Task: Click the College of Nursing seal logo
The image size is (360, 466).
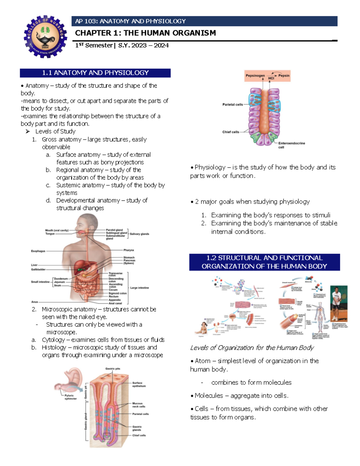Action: coord(45,37)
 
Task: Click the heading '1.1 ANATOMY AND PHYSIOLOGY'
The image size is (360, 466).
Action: coord(95,73)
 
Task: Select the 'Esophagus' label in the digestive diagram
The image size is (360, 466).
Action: coord(38,251)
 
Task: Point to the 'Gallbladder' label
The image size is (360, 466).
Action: coord(38,269)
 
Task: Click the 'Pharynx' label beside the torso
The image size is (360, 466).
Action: coord(129,250)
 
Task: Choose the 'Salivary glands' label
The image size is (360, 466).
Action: coord(139,234)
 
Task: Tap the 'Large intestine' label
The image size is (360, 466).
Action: coord(139,288)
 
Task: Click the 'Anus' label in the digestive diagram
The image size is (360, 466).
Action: coord(35,302)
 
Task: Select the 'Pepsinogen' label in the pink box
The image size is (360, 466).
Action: coord(255,76)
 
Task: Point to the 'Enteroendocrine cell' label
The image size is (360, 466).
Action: coord(291,145)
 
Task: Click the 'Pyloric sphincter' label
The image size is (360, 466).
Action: coord(70,397)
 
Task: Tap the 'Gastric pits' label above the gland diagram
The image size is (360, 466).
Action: coord(112,369)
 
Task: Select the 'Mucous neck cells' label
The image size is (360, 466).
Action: coord(139,405)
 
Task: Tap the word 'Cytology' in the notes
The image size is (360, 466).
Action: coord(53,340)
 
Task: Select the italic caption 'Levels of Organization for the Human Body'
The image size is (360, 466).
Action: coord(252,348)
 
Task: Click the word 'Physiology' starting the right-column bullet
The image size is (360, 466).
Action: coord(210,167)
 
